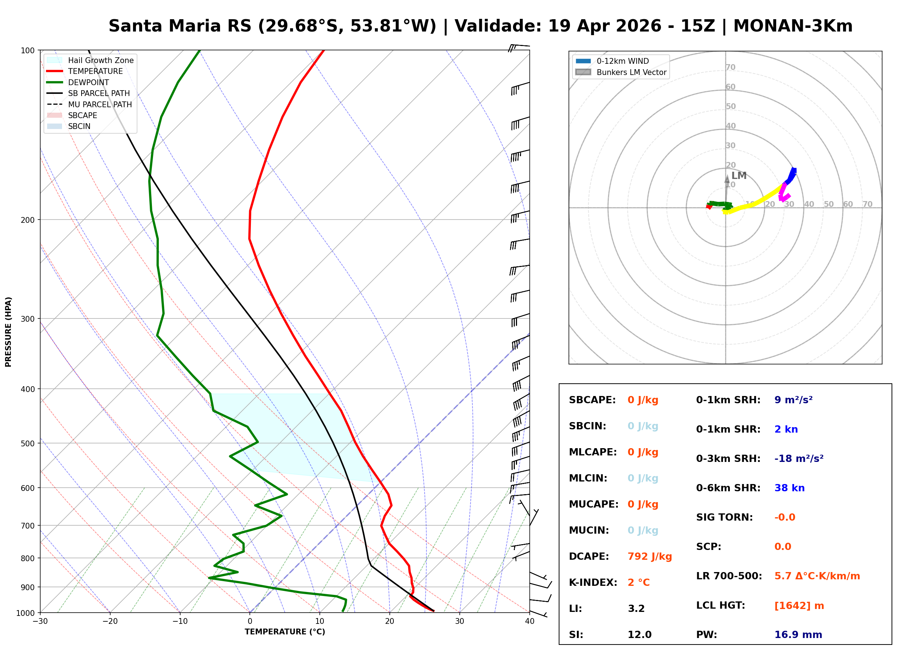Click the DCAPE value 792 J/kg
click(x=649, y=556)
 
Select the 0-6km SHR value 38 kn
click(x=789, y=488)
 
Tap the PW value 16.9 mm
click(x=798, y=634)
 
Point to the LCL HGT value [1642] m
click(x=799, y=606)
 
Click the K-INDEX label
click(x=593, y=583)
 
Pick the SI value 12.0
click(x=639, y=634)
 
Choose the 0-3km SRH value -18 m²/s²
click(x=799, y=459)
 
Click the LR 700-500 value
click(x=817, y=576)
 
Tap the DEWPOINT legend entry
click(x=88, y=82)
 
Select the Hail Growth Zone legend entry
click(x=100, y=60)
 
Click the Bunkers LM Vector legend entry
click(x=631, y=72)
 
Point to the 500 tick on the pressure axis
click(x=27, y=443)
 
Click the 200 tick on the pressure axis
click(x=27, y=220)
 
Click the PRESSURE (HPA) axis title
click(x=8, y=331)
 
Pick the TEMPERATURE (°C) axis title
click(x=285, y=632)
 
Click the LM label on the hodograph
click(x=739, y=176)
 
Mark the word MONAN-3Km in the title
click(x=793, y=26)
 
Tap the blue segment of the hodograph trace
click(x=791, y=175)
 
